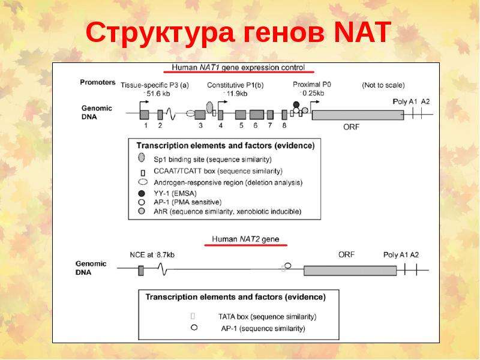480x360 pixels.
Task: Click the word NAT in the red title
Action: [x=362, y=32]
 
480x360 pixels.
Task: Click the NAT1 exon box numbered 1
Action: [x=144, y=115]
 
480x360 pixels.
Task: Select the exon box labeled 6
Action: [x=257, y=115]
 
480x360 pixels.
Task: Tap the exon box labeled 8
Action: [x=284, y=115]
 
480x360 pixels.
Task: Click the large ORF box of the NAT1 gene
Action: [x=358, y=115]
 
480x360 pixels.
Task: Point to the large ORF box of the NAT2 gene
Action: [x=350, y=271]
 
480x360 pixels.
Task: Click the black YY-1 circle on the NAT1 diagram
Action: [x=296, y=104]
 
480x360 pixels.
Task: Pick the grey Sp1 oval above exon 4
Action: [x=209, y=107]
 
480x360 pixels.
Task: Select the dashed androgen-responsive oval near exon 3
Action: [x=190, y=113]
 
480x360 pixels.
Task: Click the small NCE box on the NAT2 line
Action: [x=141, y=271]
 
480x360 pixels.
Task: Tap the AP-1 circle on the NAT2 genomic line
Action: [x=288, y=265]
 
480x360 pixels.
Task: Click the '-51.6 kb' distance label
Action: [x=156, y=94]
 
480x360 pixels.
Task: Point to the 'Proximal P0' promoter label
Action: [x=311, y=84]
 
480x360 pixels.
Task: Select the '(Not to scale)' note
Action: [x=383, y=85]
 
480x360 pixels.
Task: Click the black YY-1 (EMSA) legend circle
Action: [x=142, y=193]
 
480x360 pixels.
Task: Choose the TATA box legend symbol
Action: [x=193, y=316]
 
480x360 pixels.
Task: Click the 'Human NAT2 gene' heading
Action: [x=245, y=239]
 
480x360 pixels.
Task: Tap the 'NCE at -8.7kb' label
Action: [x=152, y=254]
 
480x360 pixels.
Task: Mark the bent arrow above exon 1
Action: [x=144, y=105]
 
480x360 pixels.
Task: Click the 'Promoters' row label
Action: [x=98, y=82]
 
